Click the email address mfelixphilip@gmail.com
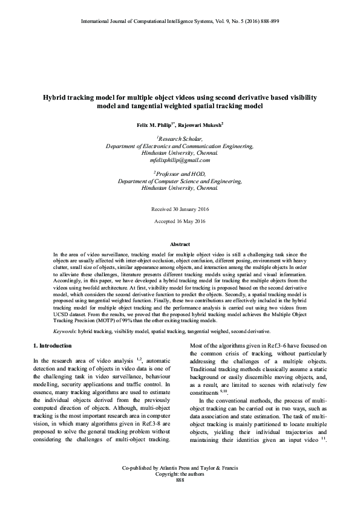coord(180,161)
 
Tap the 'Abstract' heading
coord(180,244)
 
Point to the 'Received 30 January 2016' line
coord(180,209)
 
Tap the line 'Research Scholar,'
coord(180,139)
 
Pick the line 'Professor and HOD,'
coord(180,173)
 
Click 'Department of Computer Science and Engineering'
coord(180,181)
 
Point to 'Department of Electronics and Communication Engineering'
coord(180,146)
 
